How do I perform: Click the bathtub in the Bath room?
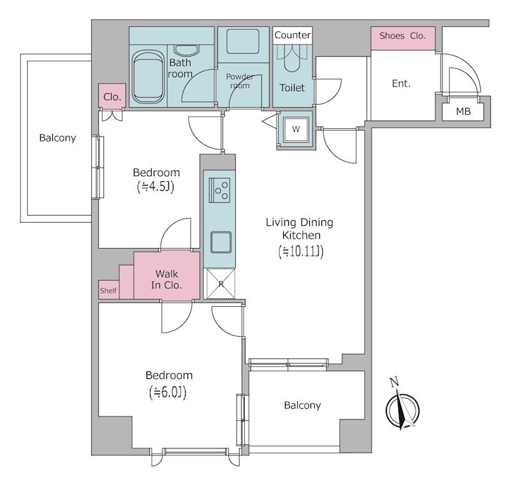pos(148,77)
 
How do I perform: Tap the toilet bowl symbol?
pos(292,59)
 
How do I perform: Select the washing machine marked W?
pos(296,129)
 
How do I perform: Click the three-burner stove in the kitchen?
pos(219,190)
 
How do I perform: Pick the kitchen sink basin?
pos(221,242)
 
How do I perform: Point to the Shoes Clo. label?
pos(402,36)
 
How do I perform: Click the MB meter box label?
pos(463,112)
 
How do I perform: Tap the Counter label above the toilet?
pos(293,35)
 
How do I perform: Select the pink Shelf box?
pos(108,290)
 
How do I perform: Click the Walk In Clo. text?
pos(166,279)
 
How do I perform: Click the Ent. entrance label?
pos(401,84)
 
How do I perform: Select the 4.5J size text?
pos(156,187)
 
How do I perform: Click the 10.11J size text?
pos(301,251)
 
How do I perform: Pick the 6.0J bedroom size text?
pos(168,392)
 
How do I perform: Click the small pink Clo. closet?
pos(112,96)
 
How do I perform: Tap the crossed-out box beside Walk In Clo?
pos(221,284)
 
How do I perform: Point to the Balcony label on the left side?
pos(57,138)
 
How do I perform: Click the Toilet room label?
pos(292,87)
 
